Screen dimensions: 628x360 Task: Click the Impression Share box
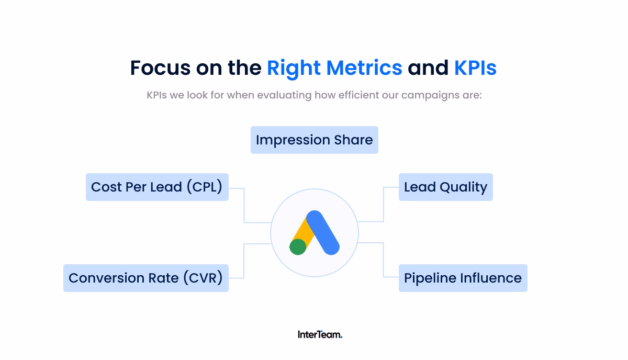(x=314, y=140)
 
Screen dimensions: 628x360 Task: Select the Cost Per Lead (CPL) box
(x=157, y=187)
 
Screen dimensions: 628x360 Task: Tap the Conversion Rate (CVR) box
(x=145, y=278)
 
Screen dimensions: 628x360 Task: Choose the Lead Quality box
(x=445, y=187)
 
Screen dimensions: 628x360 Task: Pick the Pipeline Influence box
(x=463, y=278)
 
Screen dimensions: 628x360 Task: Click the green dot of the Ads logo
(x=298, y=246)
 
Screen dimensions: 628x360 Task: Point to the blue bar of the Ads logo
(x=323, y=232)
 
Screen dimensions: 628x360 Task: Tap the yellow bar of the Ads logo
(x=303, y=230)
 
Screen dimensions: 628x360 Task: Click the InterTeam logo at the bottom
(x=320, y=334)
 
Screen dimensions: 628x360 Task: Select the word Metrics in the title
(x=364, y=68)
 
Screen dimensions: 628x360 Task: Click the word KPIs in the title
(x=475, y=68)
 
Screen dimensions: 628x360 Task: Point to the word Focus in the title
(x=160, y=68)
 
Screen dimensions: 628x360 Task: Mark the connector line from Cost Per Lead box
(x=244, y=205)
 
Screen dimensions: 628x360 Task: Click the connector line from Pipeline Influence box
(x=384, y=260)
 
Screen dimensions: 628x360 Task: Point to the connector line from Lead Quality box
(x=384, y=205)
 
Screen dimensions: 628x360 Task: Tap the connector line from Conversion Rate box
(x=244, y=260)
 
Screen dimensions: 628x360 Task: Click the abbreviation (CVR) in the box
(x=203, y=278)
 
